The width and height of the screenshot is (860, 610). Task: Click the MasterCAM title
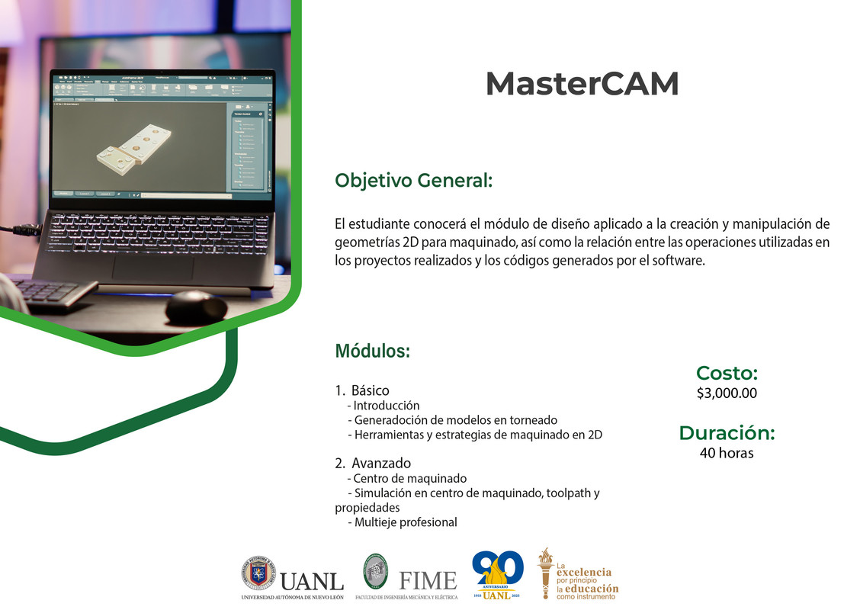coord(582,84)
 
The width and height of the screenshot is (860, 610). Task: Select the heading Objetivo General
coord(413,181)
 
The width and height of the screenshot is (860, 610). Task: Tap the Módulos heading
coord(372,352)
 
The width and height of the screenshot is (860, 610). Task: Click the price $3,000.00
coord(727,393)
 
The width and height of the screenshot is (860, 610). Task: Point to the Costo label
coord(727,373)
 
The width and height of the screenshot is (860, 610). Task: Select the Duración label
coord(727,433)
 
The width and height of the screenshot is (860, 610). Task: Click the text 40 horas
coord(727,453)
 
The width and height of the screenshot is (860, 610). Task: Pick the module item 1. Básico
coord(362,390)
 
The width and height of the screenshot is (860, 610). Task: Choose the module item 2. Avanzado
coord(373,463)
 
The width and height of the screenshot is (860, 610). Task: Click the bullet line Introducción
coord(386,406)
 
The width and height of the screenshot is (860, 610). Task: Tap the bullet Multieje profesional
coord(405,522)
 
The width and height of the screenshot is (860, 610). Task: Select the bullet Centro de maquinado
coord(409,479)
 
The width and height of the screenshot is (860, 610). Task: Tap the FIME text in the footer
coord(428,580)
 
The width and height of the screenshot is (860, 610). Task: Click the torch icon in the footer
coord(545,572)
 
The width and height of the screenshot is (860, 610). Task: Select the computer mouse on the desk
coord(196,306)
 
